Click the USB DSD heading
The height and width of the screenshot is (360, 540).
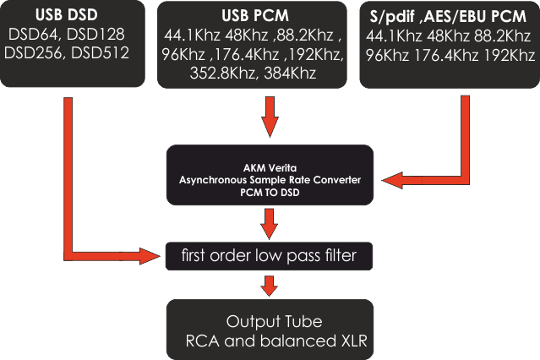coord(67,14)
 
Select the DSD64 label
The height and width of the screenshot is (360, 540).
coord(33,34)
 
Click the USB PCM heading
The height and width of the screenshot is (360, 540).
coord(255,15)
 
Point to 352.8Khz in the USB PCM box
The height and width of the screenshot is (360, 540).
coord(222,73)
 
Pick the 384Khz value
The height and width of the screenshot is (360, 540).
coord(290,73)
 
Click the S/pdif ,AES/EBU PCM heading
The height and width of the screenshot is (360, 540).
coord(448,16)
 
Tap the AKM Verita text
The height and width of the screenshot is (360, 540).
coord(270,168)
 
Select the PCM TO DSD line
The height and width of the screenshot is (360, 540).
coord(270,192)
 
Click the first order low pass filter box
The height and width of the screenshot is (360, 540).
coord(269,256)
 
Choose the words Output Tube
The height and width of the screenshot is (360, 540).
coord(274,321)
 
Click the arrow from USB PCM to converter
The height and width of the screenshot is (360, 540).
coord(270,117)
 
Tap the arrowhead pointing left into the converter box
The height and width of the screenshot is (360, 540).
coord(392,180)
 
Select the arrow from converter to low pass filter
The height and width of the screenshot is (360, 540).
coord(269,224)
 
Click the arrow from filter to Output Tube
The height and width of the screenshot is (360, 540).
coord(269,286)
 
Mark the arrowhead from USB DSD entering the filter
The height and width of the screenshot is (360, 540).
coord(150,256)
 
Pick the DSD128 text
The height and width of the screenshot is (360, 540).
coord(95,34)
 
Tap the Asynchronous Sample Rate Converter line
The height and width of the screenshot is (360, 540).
coord(270,180)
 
